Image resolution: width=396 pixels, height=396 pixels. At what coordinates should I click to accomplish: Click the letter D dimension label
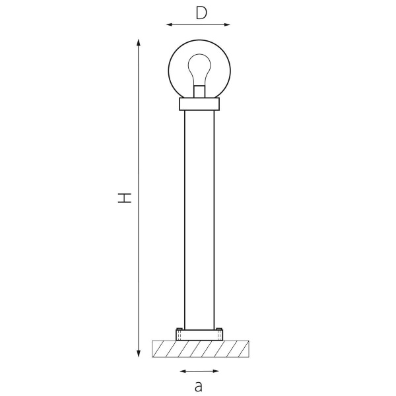(201, 13)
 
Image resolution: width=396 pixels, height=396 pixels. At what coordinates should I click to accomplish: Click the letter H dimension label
(125, 198)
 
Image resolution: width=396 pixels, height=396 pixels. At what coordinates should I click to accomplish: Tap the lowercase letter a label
(199, 386)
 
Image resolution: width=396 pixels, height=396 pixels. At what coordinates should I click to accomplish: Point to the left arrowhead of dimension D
(169, 24)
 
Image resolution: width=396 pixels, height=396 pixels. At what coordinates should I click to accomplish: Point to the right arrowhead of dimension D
(227, 24)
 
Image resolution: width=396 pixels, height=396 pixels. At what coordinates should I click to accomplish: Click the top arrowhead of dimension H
(138, 42)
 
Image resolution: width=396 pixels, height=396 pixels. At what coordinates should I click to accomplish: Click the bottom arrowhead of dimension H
(139, 354)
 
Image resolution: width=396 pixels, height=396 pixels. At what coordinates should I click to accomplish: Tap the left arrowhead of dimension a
(183, 371)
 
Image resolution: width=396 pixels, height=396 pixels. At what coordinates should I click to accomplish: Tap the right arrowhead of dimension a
(216, 371)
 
